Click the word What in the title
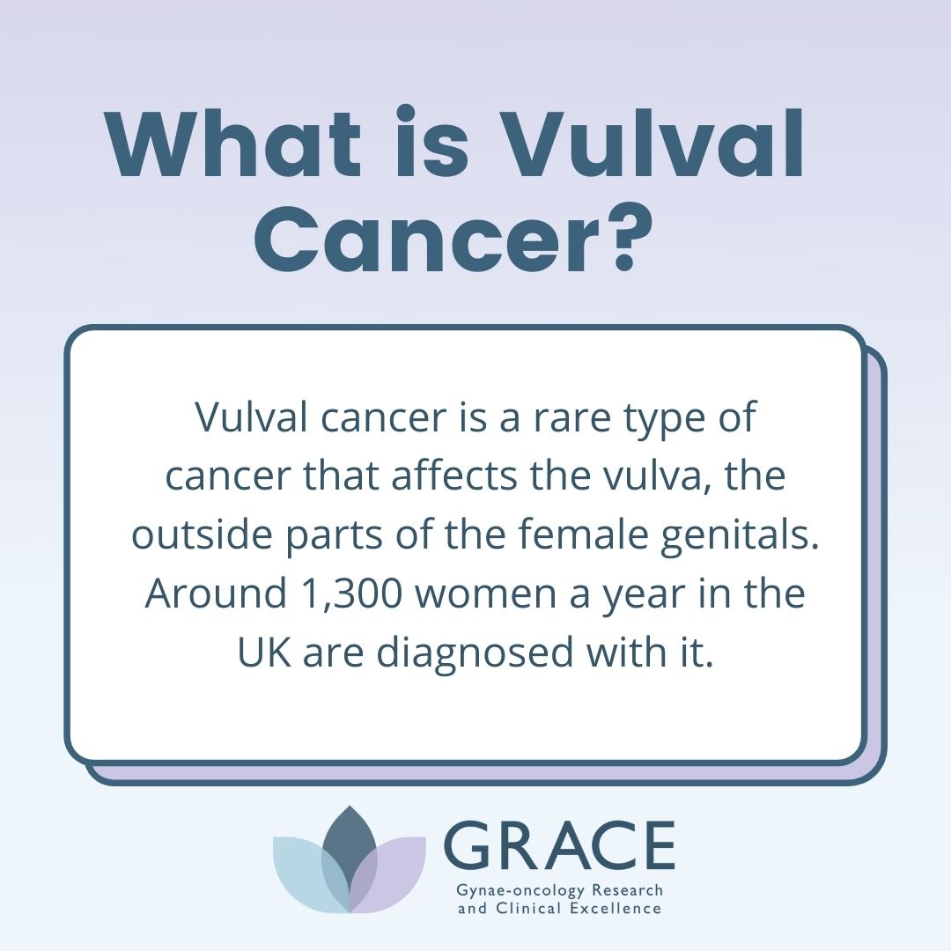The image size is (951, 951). [233, 145]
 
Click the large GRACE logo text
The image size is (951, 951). [559, 845]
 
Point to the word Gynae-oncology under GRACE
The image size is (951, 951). [521, 891]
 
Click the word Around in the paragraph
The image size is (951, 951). [216, 593]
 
